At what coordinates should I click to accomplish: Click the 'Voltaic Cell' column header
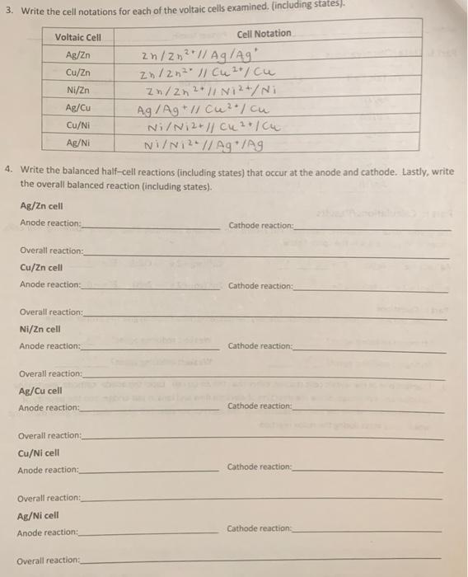[x=77, y=38]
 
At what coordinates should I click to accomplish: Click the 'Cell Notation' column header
[x=264, y=34]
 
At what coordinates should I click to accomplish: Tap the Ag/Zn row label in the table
[x=77, y=54]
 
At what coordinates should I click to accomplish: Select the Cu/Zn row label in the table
[x=77, y=72]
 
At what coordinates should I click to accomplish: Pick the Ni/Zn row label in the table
[x=77, y=90]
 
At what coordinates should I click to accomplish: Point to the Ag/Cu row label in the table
[x=77, y=107]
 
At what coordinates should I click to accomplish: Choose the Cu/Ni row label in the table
[x=77, y=124]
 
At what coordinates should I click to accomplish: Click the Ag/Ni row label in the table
[x=77, y=142]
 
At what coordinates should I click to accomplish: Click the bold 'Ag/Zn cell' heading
[x=41, y=206]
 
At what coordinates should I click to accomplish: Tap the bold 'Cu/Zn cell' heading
[x=41, y=267]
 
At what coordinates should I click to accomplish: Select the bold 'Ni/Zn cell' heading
[x=40, y=329]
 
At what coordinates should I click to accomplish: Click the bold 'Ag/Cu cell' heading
[x=40, y=391]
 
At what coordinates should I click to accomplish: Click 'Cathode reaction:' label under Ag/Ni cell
[x=260, y=528]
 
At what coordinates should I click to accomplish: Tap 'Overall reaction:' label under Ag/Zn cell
[x=51, y=250]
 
